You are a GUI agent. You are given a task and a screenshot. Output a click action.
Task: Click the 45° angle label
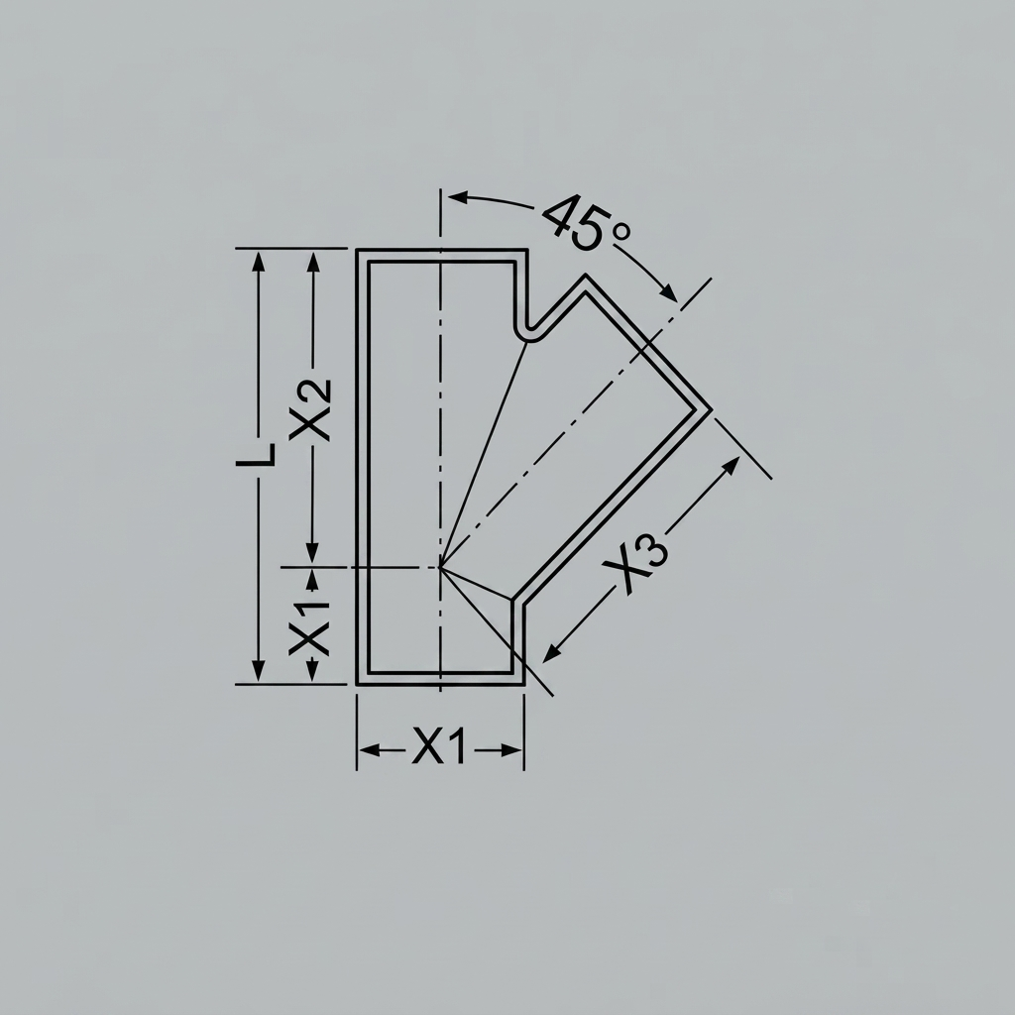[587, 222]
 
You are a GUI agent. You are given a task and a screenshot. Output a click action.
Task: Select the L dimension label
[256, 455]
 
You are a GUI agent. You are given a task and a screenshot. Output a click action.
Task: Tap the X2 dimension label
[310, 409]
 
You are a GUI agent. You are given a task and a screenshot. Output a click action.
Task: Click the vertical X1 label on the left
[309, 627]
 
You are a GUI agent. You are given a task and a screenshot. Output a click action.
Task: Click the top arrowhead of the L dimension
[259, 262]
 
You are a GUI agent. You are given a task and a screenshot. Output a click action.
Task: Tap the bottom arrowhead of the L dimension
[259, 671]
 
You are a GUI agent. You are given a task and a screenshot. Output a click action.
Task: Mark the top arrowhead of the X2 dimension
[313, 262]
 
